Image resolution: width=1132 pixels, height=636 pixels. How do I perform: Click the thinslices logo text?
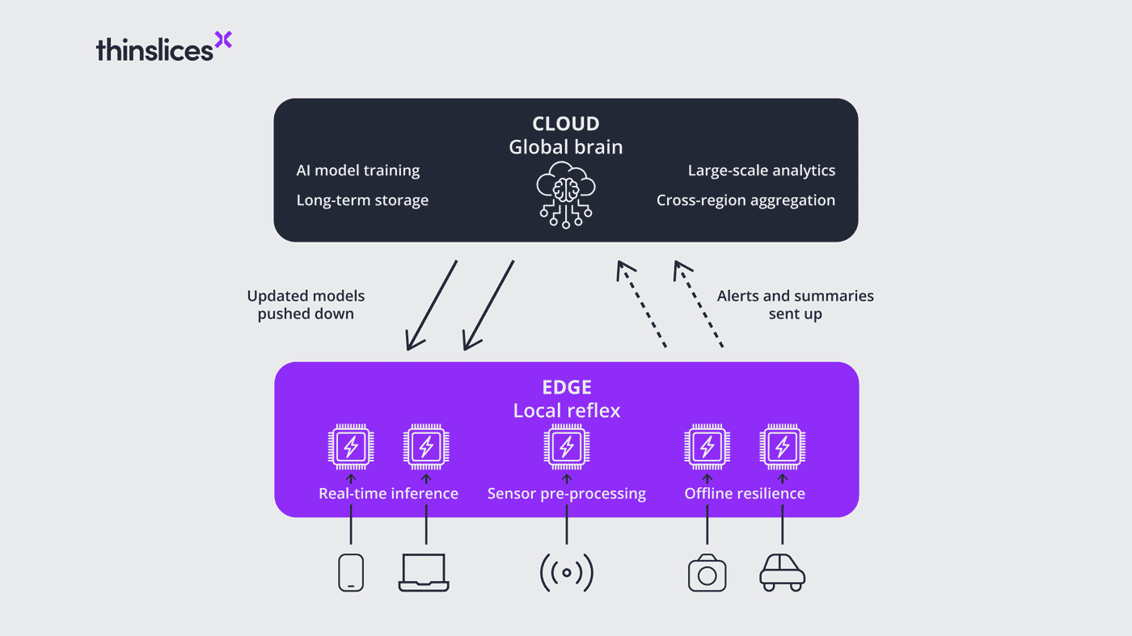coord(154,49)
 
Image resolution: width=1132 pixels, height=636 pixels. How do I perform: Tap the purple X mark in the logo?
coord(223,40)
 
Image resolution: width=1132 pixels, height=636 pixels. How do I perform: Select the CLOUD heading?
coord(566,124)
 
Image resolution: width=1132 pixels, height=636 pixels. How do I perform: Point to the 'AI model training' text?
coord(358,171)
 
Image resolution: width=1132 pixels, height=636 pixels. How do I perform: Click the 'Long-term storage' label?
coord(362,200)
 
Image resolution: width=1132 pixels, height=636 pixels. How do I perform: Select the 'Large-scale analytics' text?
coord(762,171)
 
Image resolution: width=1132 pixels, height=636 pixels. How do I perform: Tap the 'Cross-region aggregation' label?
coord(746,200)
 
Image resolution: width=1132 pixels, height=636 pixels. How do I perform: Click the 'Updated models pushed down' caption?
coord(306,305)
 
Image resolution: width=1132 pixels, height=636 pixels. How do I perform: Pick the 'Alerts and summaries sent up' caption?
coord(795,305)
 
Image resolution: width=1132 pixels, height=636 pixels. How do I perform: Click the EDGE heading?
coord(566,387)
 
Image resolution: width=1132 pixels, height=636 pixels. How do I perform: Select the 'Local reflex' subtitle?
coord(566,411)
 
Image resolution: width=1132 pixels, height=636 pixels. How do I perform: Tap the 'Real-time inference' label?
coord(388,493)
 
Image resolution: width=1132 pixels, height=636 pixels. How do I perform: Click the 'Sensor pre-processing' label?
coord(566,493)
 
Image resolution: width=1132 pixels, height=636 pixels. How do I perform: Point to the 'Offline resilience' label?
coord(745,493)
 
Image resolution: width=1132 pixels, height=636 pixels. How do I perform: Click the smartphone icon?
coord(350,572)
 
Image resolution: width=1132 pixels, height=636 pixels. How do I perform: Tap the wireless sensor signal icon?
coord(566,573)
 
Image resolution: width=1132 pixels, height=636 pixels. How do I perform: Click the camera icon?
coord(707,573)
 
